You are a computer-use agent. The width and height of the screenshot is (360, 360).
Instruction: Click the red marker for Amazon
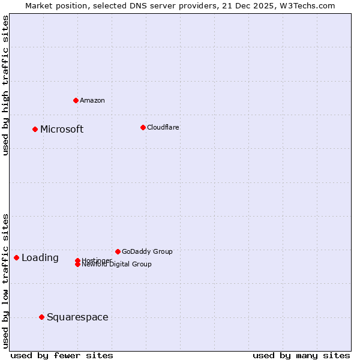pyautogui.click(x=76, y=100)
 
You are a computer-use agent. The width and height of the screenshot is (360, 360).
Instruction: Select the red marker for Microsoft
pyautogui.click(x=35, y=129)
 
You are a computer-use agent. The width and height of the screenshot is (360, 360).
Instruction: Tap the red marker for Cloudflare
pyautogui.click(x=143, y=127)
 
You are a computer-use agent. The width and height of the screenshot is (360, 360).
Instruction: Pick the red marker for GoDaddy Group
pyautogui.click(x=118, y=251)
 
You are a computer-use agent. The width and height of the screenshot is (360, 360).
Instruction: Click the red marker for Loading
pyautogui.click(x=16, y=257)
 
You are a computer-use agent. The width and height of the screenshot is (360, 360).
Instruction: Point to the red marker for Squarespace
pyautogui.click(x=41, y=317)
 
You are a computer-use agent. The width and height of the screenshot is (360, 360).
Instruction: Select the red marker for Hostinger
pyautogui.click(x=78, y=260)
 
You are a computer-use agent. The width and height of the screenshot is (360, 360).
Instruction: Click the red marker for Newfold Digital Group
pyautogui.click(x=78, y=265)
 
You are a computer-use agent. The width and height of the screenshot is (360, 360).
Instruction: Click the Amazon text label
pyautogui.click(x=92, y=100)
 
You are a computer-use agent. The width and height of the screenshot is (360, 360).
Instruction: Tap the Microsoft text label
pyautogui.click(x=62, y=129)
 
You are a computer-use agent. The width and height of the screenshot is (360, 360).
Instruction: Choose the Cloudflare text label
pyautogui.click(x=163, y=127)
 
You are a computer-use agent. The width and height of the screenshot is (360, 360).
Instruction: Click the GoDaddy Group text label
pyautogui.click(x=147, y=251)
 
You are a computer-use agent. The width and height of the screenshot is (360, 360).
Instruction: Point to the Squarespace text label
pyautogui.click(x=77, y=317)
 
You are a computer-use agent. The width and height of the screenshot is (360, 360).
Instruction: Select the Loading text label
pyautogui.click(x=40, y=257)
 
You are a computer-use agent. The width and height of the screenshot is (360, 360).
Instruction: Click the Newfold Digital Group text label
pyautogui.click(x=116, y=265)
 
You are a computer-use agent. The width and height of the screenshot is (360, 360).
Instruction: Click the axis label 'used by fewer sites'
pyautogui.click(x=62, y=355)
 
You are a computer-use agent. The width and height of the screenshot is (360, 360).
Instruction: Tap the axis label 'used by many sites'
pyautogui.click(x=301, y=355)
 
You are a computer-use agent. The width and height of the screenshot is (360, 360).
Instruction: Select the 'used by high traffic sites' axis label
pyautogui.click(x=5, y=85)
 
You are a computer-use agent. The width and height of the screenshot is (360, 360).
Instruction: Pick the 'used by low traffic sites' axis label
pyautogui.click(x=5, y=281)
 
